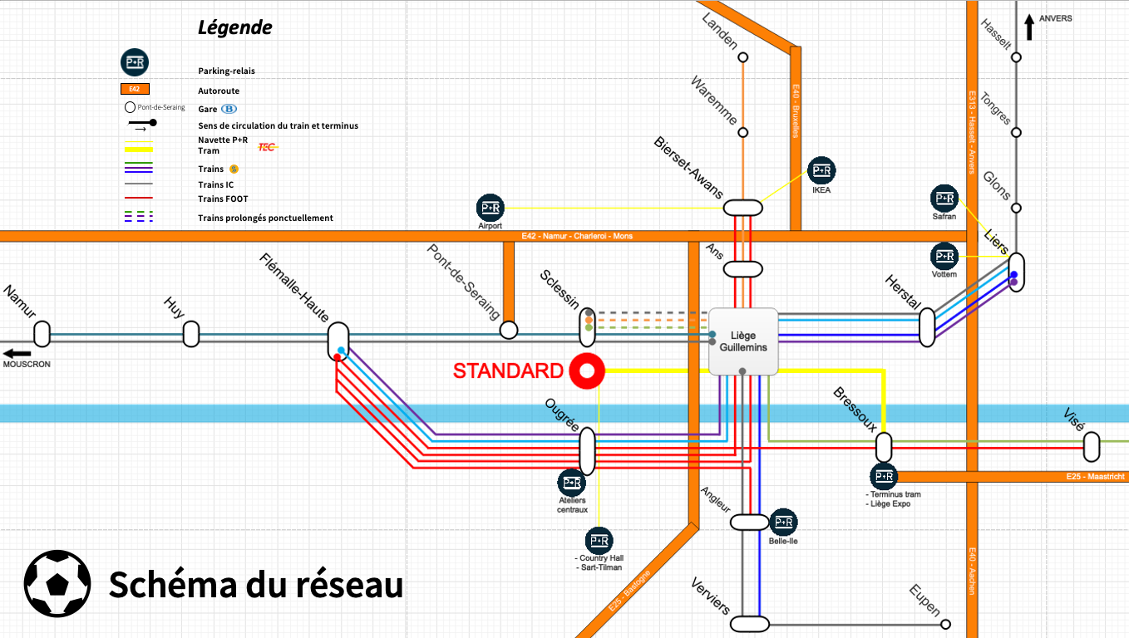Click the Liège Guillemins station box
[742, 341]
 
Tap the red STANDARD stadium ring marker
[587, 371]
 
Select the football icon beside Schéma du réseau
[57, 582]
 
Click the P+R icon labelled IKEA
[821, 171]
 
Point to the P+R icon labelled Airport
[491, 208]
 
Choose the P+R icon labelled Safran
[944, 199]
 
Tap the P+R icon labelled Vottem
[944, 256]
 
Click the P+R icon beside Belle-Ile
[783, 523]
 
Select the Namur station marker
[42, 334]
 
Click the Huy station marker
[191, 334]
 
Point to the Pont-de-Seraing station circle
[509, 331]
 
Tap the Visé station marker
[1092, 447]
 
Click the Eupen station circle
[946, 624]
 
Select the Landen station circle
[743, 57]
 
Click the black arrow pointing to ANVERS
[1029, 27]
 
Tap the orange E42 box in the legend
[135, 89]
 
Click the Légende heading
[234, 27]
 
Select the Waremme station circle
[743, 132]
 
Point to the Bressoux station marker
[884, 447]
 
